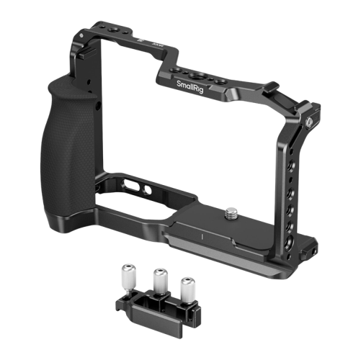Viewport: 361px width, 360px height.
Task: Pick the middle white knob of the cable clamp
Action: pos(160,277)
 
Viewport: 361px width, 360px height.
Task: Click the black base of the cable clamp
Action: pos(155,306)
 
